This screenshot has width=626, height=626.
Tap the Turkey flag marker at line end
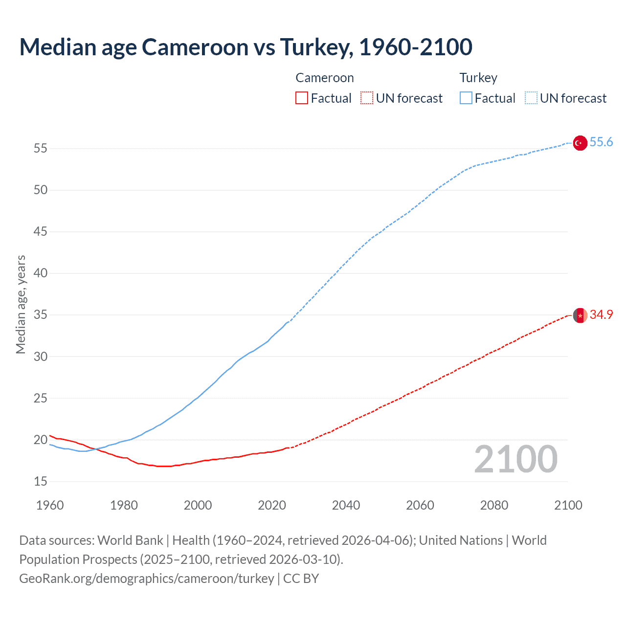(580, 143)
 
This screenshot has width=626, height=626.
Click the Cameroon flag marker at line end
(580, 315)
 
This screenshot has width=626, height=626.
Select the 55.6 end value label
(601, 142)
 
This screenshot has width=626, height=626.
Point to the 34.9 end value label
(601, 315)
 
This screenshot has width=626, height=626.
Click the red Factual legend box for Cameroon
(302, 98)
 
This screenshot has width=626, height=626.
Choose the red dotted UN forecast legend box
(367, 98)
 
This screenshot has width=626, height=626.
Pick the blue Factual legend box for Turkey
(466, 98)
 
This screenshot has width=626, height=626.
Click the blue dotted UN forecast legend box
(531, 98)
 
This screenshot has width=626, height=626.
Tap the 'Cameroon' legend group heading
(324, 78)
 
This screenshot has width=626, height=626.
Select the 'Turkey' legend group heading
(478, 78)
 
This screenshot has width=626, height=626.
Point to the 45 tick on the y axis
(41, 232)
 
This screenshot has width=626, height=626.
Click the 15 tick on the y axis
(41, 482)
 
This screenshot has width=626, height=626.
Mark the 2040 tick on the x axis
(346, 505)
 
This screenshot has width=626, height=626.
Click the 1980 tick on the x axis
(124, 505)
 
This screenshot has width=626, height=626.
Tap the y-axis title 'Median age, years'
(21, 304)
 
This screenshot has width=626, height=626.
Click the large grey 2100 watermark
(515, 459)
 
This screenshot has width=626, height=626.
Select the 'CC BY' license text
(301, 579)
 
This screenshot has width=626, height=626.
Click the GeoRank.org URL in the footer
(147, 579)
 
